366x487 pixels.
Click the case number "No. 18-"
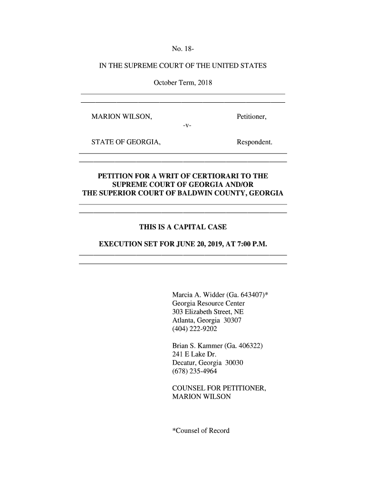(183, 49)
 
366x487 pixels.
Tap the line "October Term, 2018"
(183, 84)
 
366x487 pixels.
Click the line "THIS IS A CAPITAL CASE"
(183, 227)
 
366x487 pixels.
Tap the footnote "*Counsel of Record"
(201, 431)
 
